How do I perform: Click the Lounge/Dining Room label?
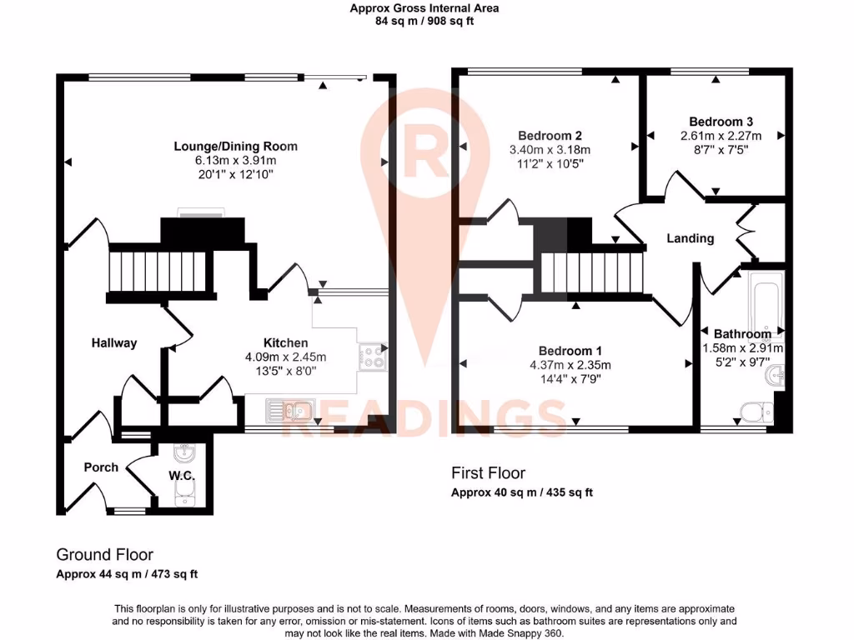(x=235, y=147)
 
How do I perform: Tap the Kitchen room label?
(x=285, y=342)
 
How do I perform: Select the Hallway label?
(x=114, y=342)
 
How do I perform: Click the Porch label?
(x=101, y=467)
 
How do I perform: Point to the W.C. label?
(x=181, y=476)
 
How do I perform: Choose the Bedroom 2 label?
(x=550, y=136)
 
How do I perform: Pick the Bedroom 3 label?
(x=721, y=121)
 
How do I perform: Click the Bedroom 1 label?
(x=570, y=351)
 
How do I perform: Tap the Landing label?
(x=690, y=238)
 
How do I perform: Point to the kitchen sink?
(x=287, y=409)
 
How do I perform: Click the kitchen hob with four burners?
(x=371, y=357)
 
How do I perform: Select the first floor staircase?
(x=593, y=273)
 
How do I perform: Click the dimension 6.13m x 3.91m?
(x=235, y=160)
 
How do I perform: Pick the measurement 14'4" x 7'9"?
(x=570, y=378)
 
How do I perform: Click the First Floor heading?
(x=489, y=472)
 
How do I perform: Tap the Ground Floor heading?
(x=104, y=554)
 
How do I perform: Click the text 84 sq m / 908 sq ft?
(x=424, y=22)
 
